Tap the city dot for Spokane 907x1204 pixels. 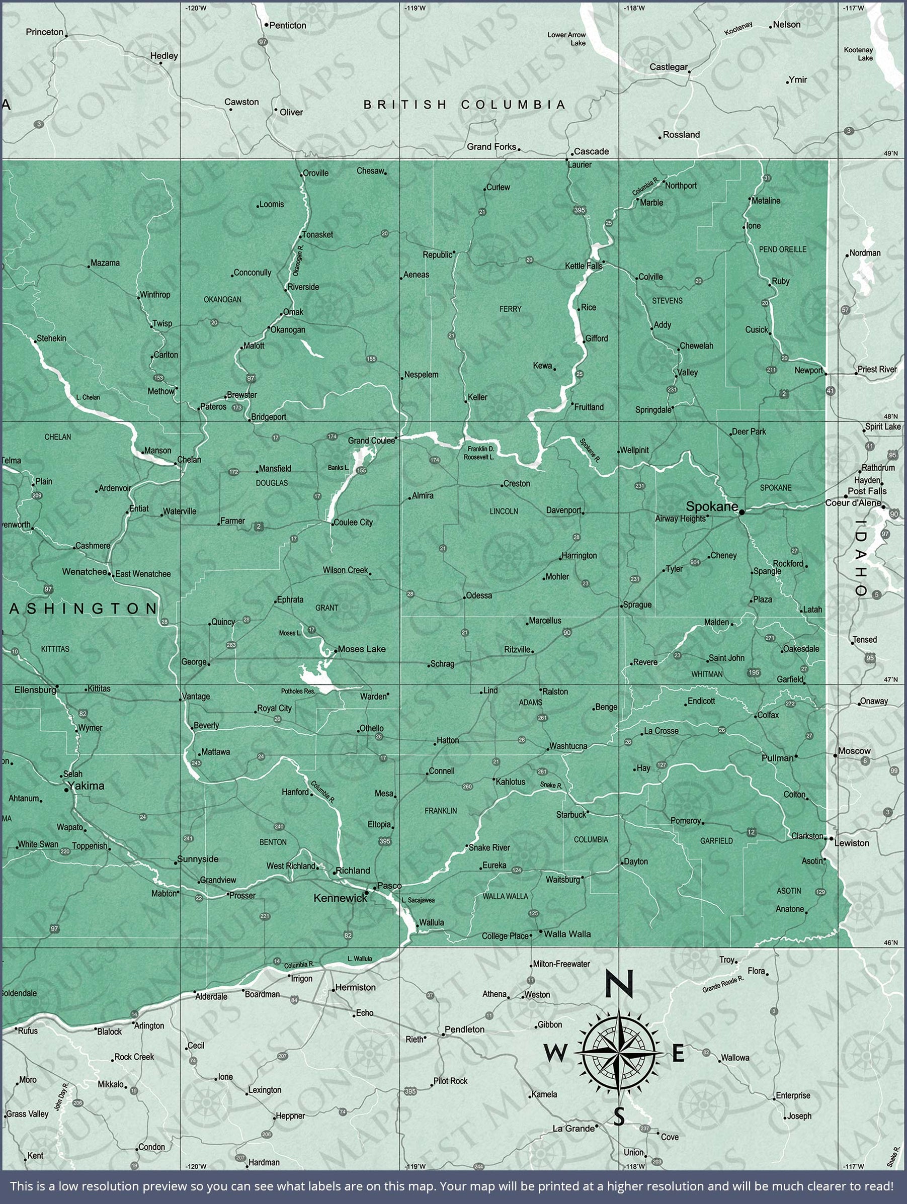point(741,512)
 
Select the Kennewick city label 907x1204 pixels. point(340,898)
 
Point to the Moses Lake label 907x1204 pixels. point(362,649)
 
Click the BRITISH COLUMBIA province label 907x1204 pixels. point(465,105)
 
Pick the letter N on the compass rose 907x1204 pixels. point(619,985)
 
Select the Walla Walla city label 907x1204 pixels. point(567,934)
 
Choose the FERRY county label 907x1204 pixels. point(510,309)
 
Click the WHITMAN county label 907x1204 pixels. point(707,674)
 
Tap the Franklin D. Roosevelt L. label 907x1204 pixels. point(479,453)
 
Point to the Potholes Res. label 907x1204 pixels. point(298,691)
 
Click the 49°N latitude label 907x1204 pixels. point(891,153)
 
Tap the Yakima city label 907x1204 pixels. point(86,786)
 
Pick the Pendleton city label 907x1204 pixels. point(464,1029)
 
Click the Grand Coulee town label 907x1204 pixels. point(371,441)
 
